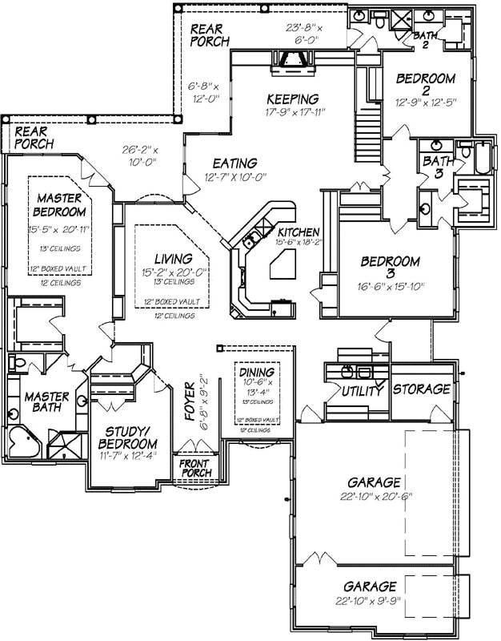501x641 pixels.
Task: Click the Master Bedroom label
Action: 60,204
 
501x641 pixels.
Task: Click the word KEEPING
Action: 292,99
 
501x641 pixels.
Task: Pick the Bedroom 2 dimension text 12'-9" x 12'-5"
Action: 425,102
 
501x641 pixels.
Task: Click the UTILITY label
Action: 360,390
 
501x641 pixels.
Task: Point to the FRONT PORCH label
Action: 194,469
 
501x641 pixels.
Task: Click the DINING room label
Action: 256,373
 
